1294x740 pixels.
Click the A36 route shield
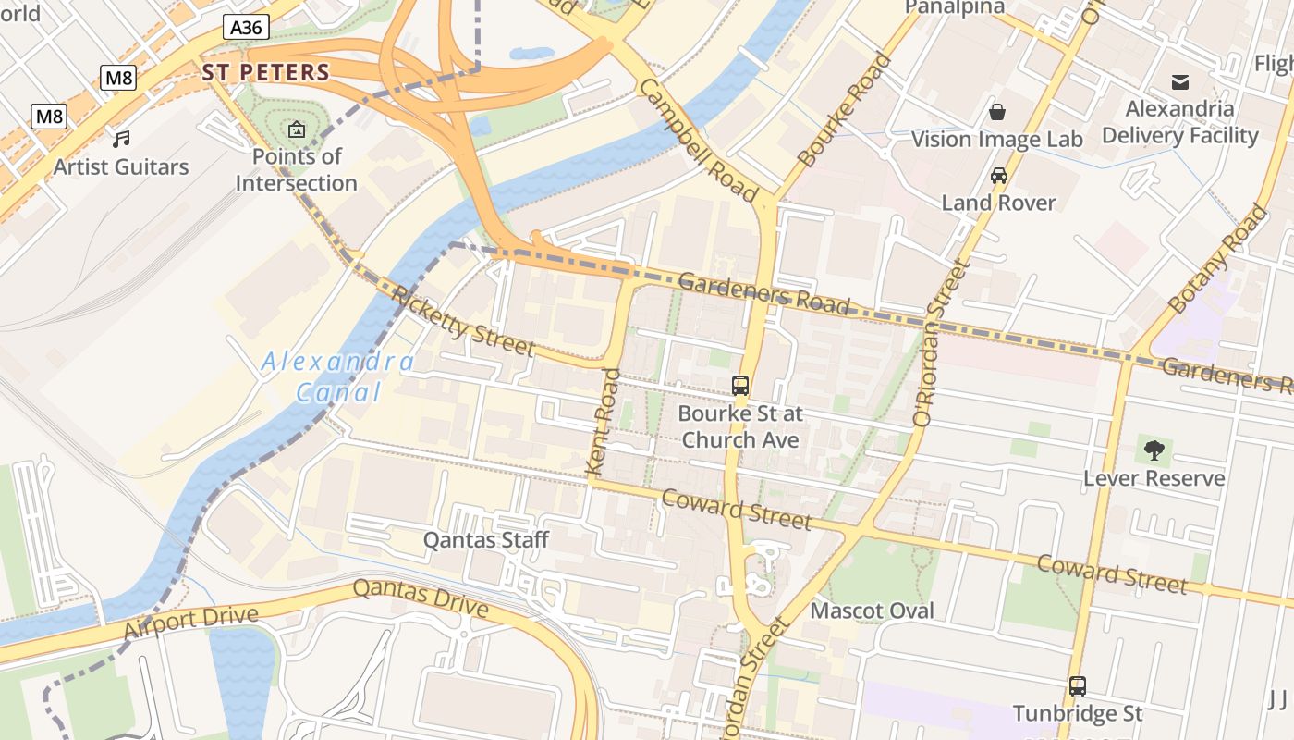coord(246,28)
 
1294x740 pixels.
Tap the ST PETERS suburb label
coord(266,72)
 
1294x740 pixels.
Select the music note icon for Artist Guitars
coord(121,139)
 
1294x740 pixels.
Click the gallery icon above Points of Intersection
coord(297,129)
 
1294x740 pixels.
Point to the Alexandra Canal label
coord(338,376)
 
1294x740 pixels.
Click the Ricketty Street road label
coord(463,321)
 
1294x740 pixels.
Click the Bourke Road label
coord(845,110)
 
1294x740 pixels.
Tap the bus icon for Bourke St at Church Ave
coord(740,386)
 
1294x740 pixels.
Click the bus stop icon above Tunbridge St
coord(1078,686)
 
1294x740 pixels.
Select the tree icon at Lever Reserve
coord(1154,450)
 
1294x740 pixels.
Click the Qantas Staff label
coord(486,539)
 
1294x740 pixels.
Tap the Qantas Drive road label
coord(421,598)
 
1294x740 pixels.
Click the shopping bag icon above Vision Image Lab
coord(997,112)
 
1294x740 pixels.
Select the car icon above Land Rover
coord(998,175)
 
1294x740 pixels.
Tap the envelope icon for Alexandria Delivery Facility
coord(1180,82)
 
